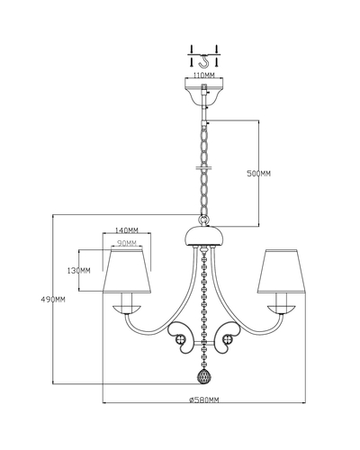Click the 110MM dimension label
click(203, 75)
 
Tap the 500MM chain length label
click(258, 174)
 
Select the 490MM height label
click(53, 299)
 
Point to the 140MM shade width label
click(127, 230)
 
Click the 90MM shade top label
click(127, 243)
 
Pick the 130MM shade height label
click(78, 271)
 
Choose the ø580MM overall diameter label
click(204, 400)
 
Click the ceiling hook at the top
click(203, 60)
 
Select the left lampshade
click(127, 271)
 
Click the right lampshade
click(282, 271)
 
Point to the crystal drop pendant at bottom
click(204, 376)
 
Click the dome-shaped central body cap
click(204, 236)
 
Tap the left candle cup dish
click(127, 310)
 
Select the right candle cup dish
click(282, 310)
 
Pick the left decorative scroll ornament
click(180, 337)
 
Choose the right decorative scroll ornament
click(228, 337)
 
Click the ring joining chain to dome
click(204, 220)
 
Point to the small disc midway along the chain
click(204, 167)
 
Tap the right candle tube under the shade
click(282, 299)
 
